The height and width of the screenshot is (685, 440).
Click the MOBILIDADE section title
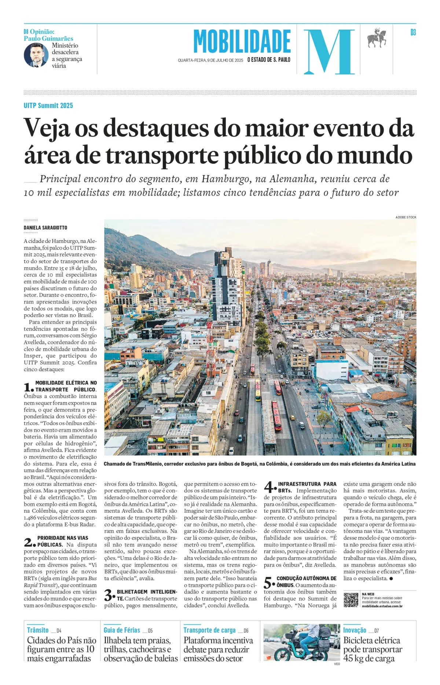242,42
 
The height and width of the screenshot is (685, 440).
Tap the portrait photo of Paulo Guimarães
36,55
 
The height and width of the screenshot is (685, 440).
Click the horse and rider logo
377,38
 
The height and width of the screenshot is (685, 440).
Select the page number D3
413,33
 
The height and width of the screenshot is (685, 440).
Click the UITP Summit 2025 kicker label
48,106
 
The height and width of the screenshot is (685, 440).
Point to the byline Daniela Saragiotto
45,228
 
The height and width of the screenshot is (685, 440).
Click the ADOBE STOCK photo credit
406,217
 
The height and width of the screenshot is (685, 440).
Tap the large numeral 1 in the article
29,387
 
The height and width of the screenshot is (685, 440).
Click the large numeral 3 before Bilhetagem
109,595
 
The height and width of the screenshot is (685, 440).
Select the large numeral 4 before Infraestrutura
269,487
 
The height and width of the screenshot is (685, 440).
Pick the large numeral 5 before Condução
269,582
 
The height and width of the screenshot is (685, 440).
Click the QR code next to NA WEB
351,600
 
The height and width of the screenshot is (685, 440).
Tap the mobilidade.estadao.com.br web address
382,606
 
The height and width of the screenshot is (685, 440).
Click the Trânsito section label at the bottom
38,630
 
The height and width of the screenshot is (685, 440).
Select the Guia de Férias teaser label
122,630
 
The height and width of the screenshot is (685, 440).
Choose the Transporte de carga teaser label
209,630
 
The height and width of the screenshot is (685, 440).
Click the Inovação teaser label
355,630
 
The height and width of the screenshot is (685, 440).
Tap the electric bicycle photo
302,642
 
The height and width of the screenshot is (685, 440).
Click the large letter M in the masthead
329,51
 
